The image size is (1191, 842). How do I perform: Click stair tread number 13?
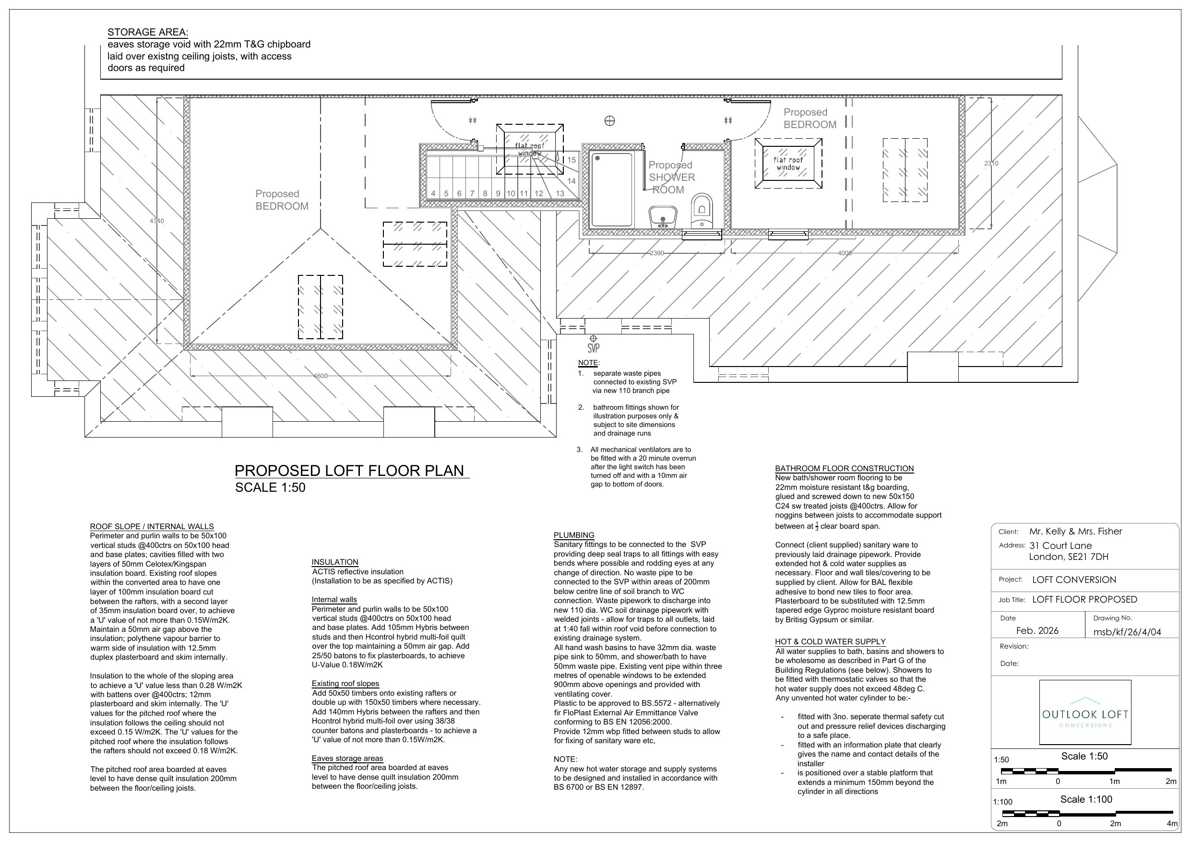pyautogui.click(x=560, y=193)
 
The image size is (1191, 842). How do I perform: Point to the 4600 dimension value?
pyautogui.click(x=321, y=376)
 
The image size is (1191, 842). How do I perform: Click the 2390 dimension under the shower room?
pyautogui.click(x=657, y=253)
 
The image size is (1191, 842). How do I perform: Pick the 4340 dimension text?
pyautogui.click(x=156, y=221)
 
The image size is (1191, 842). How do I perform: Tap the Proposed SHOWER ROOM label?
pyautogui.click(x=671, y=178)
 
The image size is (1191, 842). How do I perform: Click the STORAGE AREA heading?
pyautogui.click(x=148, y=32)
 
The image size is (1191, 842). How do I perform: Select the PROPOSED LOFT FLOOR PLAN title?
pyautogui.click(x=350, y=471)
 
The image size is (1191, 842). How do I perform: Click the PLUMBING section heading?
pyautogui.click(x=574, y=535)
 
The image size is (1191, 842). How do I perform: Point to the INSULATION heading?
pyautogui.click(x=335, y=562)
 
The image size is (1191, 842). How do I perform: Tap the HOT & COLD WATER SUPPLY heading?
pyautogui.click(x=831, y=642)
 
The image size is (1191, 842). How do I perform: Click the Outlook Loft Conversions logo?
pyautogui.click(x=1085, y=712)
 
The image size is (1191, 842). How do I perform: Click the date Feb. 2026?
pyautogui.click(x=1037, y=631)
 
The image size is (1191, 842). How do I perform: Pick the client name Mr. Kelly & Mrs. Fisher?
pyautogui.click(x=1076, y=531)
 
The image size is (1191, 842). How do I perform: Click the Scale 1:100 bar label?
pyautogui.click(x=1086, y=799)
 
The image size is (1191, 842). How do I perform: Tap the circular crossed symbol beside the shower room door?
pyautogui.click(x=610, y=121)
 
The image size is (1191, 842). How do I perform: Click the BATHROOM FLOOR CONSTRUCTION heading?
pyautogui.click(x=845, y=468)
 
